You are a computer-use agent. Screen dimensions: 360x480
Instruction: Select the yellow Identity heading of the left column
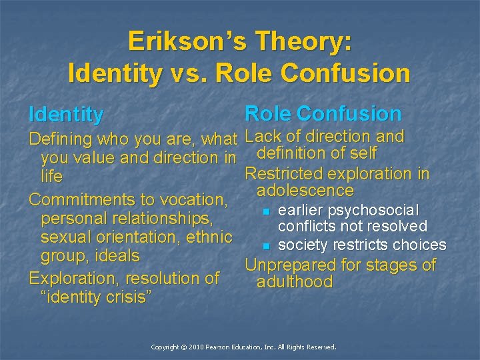66,115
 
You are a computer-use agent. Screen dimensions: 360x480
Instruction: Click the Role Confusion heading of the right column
323,113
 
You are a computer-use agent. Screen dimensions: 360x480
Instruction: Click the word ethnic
209,237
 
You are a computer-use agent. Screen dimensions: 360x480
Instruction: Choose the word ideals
117,255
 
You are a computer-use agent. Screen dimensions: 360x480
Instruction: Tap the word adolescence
305,191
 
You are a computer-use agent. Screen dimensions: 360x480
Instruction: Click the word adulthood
295,282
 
